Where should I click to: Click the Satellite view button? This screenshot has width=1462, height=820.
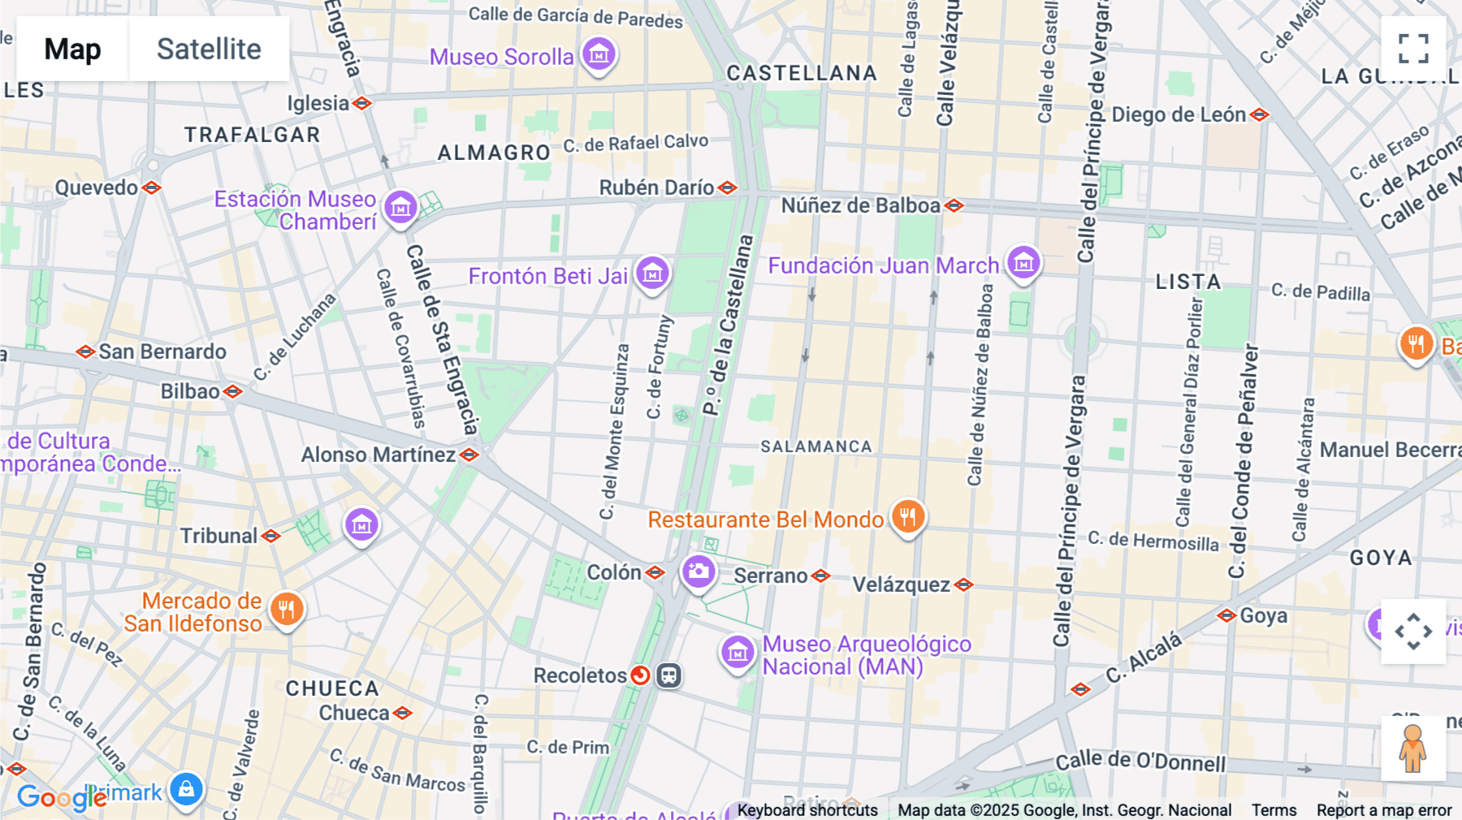[209, 50]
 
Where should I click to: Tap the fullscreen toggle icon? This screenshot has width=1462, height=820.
[1413, 49]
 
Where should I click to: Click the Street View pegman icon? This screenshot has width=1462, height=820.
[1412, 749]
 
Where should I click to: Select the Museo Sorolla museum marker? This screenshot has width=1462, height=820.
[599, 54]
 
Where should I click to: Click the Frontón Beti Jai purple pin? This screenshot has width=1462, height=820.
[652, 274]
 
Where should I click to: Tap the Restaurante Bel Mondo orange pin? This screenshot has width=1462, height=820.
[908, 516]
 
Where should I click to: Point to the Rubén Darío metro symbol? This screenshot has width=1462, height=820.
[728, 188]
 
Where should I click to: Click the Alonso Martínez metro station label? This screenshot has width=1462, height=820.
[378, 455]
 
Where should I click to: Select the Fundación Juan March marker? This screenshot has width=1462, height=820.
[1023, 263]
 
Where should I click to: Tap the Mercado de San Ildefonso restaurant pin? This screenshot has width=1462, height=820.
[286, 609]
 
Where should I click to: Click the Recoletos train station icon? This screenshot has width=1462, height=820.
[668, 675]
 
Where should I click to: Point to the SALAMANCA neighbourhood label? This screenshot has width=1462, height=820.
[815, 447]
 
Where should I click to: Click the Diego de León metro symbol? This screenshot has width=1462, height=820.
[1260, 115]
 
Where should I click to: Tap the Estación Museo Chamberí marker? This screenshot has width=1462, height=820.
[400, 208]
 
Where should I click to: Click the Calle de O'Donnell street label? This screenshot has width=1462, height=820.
[1140, 761]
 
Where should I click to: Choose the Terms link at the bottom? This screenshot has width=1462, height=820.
[1274, 810]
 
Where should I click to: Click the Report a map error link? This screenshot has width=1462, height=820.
[1384, 810]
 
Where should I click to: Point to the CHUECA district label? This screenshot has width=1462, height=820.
[332, 688]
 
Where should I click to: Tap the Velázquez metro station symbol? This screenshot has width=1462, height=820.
[964, 585]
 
